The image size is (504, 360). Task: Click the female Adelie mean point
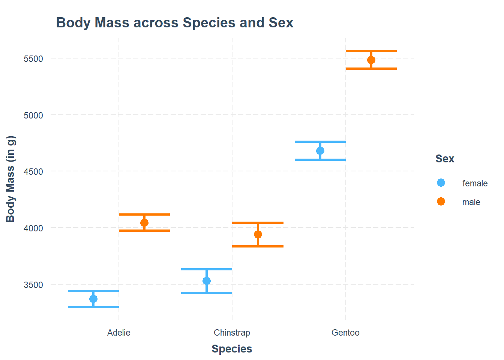tap(93, 299)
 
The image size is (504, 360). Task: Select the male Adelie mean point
tap(144, 223)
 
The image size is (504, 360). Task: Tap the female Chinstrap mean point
tap(207, 281)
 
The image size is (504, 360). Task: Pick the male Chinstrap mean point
tap(258, 234)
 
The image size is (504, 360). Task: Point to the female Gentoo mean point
tap(320, 151)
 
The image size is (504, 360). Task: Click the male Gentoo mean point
tap(371, 60)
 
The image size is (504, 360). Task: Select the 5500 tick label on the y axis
tap(33, 59)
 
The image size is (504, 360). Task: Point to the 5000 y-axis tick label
tap(33, 115)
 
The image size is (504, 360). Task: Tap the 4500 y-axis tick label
tap(33, 172)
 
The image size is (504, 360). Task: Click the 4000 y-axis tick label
tap(33, 228)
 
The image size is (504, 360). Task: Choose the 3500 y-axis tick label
tap(33, 285)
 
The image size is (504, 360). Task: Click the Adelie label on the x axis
tap(119, 333)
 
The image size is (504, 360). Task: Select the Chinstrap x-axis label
tap(232, 333)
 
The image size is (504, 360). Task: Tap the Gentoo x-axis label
tap(345, 333)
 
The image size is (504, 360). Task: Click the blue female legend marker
tap(441, 183)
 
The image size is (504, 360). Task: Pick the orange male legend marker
tap(441, 201)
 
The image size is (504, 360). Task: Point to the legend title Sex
tap(445, 159)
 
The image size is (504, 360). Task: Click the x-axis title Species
tap(232, 349)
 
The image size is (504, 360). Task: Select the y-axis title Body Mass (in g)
tap(10, 179)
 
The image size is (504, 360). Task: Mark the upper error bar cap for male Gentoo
tap(371, 51)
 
